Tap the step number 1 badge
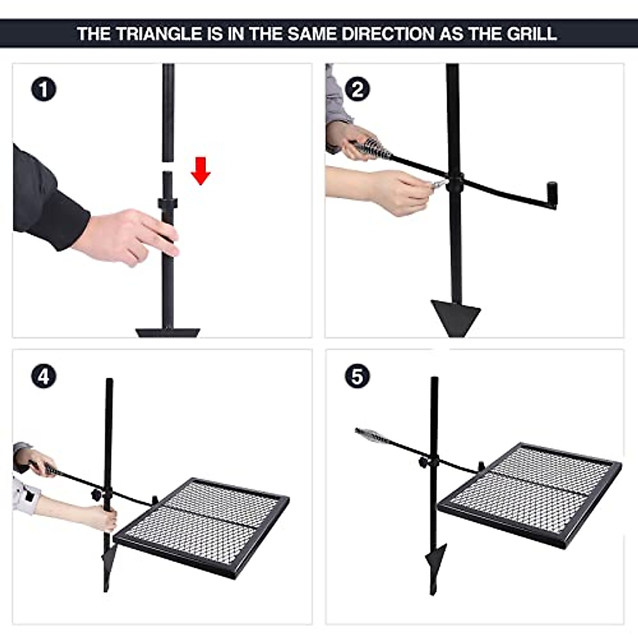click(x=44, y=89)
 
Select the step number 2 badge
click(x=357, y=89)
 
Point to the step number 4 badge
click(x=44, y=376)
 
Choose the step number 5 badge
click(x=357, y=376)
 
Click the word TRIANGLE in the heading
click(x=159, y=34)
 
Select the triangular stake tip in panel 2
click(x=456, y=316)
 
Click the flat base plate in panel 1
click(x=168, y=332)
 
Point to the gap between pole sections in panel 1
click(x=168, y=166)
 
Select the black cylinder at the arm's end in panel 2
click(x=552, y=195)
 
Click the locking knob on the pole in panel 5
click(x=424, y=463)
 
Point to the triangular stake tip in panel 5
click(x=434, y=558)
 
